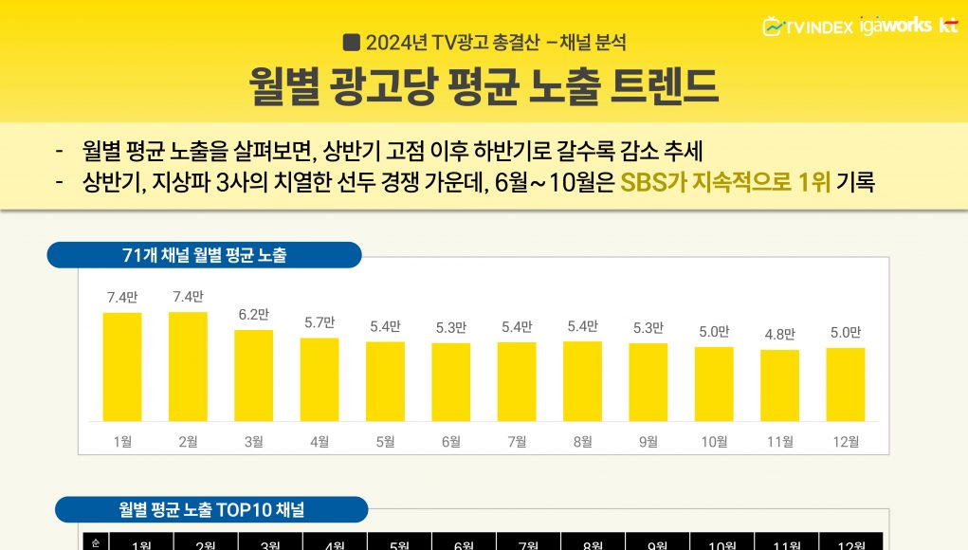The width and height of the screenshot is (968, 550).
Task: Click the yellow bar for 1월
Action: pos(122,367)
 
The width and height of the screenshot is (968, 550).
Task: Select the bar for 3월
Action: pos(253,376)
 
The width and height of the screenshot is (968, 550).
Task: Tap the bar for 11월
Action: pos(779,385)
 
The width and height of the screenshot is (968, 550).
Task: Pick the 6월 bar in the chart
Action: pos(450,382)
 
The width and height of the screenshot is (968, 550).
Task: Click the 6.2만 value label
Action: pos(253,315)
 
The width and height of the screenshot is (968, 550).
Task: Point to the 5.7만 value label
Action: pos(320,322)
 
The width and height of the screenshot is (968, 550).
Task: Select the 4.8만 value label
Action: pos(779,335)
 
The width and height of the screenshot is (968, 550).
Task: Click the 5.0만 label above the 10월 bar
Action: pos(714,332)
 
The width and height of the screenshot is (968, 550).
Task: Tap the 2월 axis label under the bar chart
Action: pos(188,441)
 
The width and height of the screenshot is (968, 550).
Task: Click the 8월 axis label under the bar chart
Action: pos(582,441)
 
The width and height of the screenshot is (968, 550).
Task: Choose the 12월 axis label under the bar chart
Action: pos(845,441)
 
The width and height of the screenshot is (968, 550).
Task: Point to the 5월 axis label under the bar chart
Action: pos(385,441)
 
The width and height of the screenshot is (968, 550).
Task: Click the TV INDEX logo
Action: pos(808,27)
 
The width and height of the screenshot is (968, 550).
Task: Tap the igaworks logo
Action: pos(895,26)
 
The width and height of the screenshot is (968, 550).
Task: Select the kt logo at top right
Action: pos(948,26)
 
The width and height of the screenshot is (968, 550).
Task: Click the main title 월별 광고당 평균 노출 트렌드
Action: pos(484,86)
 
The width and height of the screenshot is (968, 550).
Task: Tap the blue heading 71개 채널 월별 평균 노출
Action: pos(205,255)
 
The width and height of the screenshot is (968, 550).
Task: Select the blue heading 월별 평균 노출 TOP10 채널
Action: pos(211,509)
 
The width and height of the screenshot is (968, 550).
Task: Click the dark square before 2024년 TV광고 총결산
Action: pos(351,42)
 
